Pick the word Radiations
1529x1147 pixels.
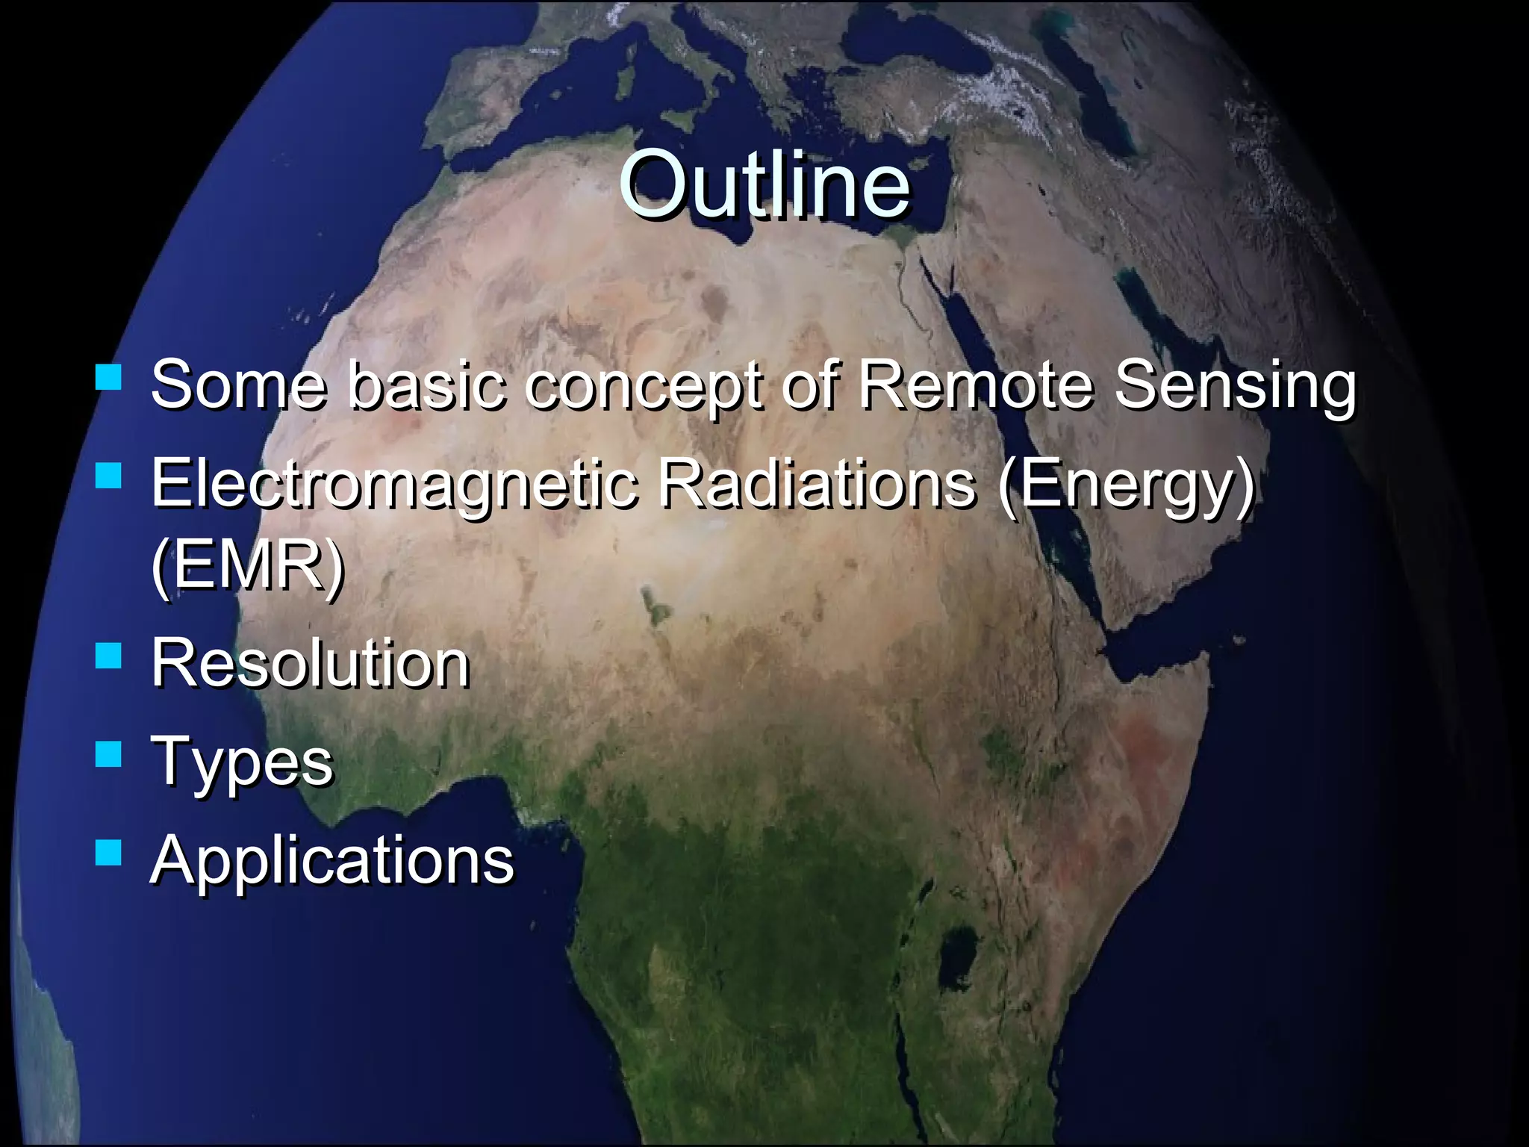pos(817,483)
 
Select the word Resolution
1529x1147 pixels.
pos(311,663)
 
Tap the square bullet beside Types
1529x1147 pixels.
pos(109,754)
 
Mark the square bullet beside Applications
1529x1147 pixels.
pos(109,852)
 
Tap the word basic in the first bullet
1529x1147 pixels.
pos(426,385)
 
